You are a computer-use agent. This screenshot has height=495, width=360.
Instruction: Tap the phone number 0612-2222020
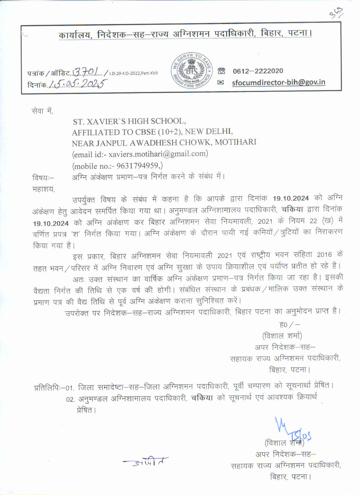tap(258, 71)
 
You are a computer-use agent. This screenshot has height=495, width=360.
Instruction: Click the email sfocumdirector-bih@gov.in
tap(278, 82)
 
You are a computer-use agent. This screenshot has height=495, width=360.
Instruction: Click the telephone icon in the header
tap(221, 71)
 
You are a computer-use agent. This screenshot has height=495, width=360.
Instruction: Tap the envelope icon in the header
tap(221, 82)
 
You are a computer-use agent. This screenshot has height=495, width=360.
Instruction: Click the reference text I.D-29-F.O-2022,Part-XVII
tap(133, 73)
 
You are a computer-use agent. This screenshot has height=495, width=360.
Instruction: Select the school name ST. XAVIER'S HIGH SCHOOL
tap(129, 121)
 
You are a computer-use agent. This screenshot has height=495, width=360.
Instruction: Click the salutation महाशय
tap(43, 189)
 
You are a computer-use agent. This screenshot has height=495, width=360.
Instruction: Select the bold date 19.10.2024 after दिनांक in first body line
tap(291, 198)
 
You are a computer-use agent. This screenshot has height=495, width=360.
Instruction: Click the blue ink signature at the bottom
tap(291, 429)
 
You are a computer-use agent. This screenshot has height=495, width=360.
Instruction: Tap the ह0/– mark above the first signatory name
tap(289, 325)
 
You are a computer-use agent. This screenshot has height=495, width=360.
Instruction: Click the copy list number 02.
tap(70, 399)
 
